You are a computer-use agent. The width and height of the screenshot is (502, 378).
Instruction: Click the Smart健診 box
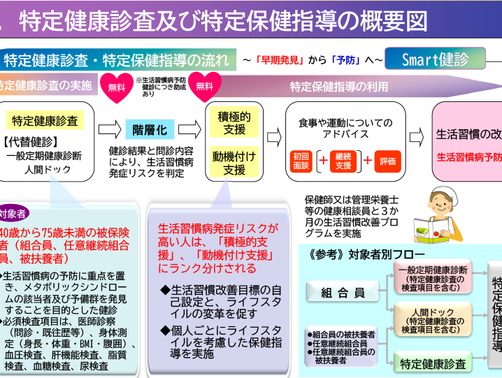[x=435, y=59]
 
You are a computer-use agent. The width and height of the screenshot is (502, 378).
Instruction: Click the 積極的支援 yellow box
[x=231, y=122]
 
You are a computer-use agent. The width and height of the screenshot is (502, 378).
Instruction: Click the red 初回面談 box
[x=300, y=161]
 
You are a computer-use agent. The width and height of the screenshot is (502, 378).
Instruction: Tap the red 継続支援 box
[x=344, y=161]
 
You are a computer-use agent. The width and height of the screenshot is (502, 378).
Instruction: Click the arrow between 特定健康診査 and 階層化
[x=110, y=129]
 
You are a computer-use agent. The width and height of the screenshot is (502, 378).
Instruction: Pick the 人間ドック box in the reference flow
[x=435, y=319]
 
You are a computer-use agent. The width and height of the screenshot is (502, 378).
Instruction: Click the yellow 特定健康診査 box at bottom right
[x=433, y=363]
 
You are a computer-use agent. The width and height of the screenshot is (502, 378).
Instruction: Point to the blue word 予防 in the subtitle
[x=345, y=60]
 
